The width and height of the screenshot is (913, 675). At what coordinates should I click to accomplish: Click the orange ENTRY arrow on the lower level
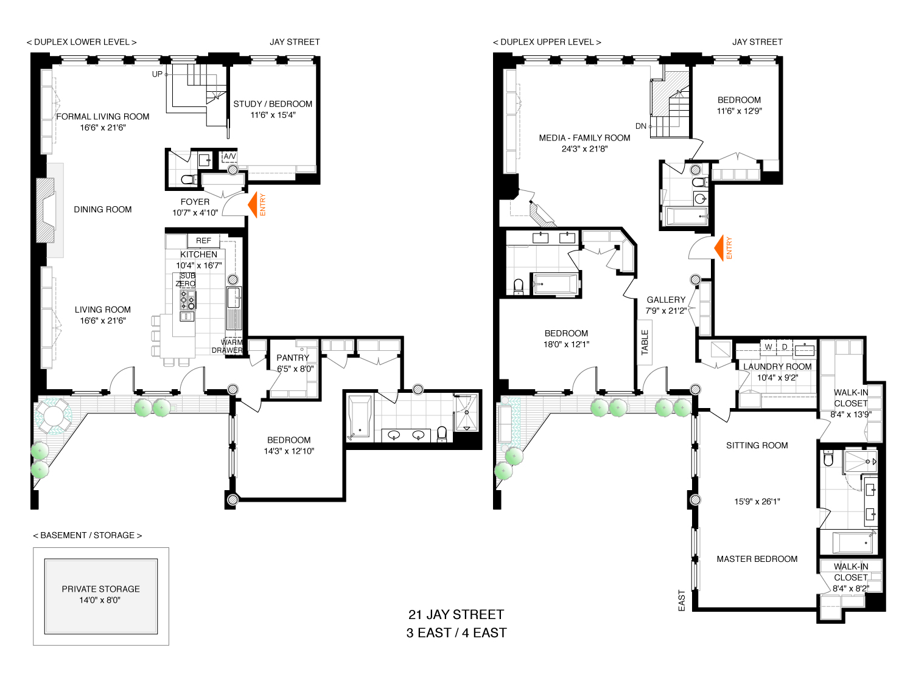pos(253,204)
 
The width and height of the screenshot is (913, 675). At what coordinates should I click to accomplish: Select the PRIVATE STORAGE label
pos(101,589)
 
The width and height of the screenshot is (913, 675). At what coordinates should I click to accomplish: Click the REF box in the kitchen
pos(203,241)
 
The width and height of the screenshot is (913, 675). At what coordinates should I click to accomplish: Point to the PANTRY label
pos(293,358)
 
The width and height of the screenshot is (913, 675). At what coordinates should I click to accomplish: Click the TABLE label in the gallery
pos(645,342)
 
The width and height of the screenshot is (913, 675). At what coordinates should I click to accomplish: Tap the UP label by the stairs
pos(157,74)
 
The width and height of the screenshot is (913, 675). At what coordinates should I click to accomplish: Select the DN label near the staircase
pos(641,126)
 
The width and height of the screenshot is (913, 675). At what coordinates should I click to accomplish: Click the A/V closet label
pos(229,156)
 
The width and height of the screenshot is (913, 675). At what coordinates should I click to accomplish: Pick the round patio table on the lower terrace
pos(54,416)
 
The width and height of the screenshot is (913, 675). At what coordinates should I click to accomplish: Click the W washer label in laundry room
pos(768,347)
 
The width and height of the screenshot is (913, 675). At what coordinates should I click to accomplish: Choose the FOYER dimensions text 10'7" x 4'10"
pos(195,213)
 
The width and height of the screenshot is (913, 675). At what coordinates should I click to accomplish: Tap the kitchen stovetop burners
pos(187,300)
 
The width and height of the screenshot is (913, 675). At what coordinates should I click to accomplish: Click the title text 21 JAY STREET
pos(456,615)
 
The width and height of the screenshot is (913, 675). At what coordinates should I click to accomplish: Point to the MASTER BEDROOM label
pos(757,559)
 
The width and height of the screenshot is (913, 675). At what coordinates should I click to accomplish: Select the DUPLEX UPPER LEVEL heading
pos(547,42)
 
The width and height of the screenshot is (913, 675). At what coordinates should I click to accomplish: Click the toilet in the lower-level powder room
pos(189,180)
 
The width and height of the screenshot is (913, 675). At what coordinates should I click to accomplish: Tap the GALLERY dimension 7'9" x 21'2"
pos(666,311)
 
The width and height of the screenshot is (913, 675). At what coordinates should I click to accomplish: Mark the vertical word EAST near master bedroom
pos(682,601)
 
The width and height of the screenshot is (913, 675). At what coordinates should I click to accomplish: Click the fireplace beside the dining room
pos(46,210)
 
